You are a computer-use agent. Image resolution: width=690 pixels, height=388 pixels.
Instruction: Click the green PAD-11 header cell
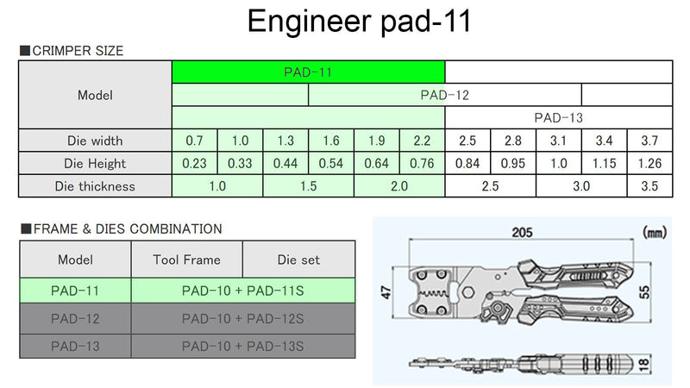point(308,72)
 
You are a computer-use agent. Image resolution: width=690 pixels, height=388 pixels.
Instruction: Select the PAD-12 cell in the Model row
point(445,95)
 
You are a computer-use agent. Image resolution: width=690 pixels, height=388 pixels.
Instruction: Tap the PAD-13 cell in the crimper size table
point(559,118)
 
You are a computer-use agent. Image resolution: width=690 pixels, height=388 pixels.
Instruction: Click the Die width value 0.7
point(195,141)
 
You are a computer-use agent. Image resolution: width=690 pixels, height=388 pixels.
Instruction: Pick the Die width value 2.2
point(422,141)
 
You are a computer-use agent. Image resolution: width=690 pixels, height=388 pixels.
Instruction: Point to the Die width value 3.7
point(650,141)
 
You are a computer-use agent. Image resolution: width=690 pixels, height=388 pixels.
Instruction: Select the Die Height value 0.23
point(195,164)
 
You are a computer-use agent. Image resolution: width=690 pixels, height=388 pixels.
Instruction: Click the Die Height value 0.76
point(422,164)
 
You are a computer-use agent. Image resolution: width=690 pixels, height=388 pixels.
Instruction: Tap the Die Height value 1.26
point(650,164)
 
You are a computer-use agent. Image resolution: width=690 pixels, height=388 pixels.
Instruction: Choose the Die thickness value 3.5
point(650,186)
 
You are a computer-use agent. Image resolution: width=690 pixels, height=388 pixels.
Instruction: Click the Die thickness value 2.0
point(399,186)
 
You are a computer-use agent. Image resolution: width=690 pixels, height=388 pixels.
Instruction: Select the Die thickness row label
point(95,186)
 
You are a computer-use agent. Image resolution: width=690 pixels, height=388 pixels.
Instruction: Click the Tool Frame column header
point(186,260)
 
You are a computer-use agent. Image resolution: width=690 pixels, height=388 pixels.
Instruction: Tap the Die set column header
point(298,260)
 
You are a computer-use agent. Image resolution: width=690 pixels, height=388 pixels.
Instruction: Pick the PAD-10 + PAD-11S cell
point(243,291)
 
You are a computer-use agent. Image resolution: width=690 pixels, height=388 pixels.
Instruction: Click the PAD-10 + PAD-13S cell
point(243,347)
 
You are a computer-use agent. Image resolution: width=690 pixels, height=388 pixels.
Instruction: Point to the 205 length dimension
point(522,232)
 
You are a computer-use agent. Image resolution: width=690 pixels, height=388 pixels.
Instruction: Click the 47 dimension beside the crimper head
point(386,291)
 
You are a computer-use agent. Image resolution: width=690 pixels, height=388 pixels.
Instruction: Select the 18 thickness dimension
point(643,364)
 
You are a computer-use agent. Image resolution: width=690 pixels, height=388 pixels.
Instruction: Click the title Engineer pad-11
point(359,20)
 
